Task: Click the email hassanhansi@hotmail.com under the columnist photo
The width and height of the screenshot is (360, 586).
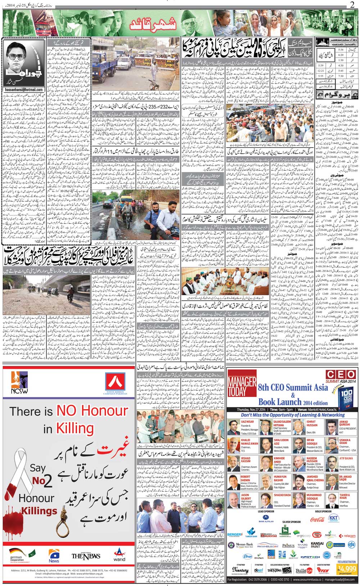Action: pyautogui.click(x=24, y=90)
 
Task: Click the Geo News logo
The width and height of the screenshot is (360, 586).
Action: pyautogui.click(x=54, y=555)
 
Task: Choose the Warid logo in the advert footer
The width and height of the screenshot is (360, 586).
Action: pyautogui.click(x=119, y=555)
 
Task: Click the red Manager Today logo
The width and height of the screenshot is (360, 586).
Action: pyautogui.click(x=242, y=386)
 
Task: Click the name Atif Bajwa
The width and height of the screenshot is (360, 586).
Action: pyautogui.click(x=346, y=458)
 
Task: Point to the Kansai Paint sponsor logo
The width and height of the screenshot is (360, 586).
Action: pyautogui.click(x=317, y=545)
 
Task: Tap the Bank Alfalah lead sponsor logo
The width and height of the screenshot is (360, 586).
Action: pyautogui.click(x=266, y=520)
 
